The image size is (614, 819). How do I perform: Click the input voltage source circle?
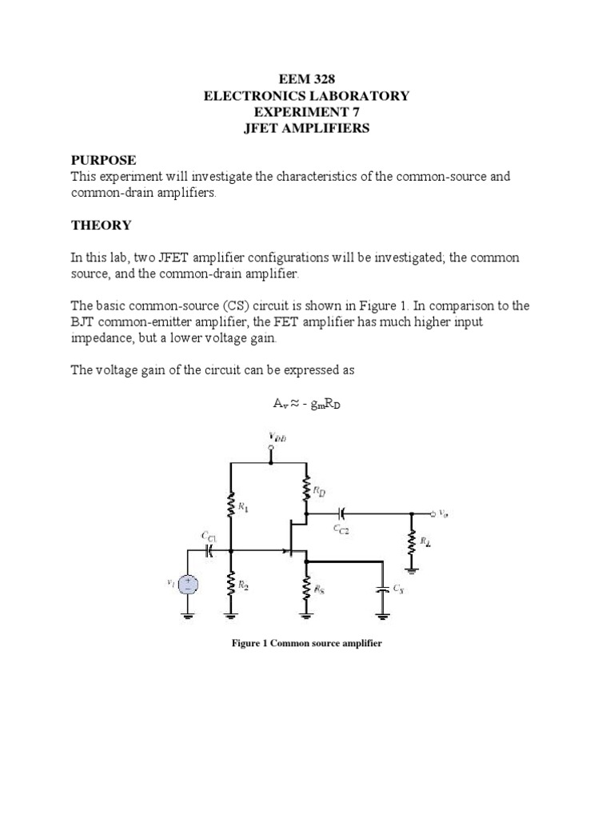click(189, 584)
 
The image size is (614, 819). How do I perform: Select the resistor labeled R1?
click(231, 505)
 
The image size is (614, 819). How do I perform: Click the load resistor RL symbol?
click(412, 545)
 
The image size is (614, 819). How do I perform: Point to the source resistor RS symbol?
click(307, 589)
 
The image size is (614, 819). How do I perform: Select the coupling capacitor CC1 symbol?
click(210, 550)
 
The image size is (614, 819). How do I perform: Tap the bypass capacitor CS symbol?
click(383, 591)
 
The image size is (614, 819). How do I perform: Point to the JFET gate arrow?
click(284, 550)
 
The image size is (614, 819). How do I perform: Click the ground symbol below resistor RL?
click(412, 569)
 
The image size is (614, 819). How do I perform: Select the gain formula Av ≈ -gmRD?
click(307, 405)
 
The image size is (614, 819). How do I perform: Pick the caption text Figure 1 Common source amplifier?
click(307, 643)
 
